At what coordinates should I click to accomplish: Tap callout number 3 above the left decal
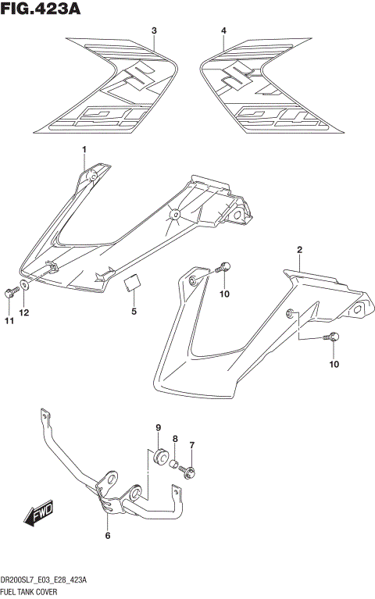click(x=154, y=30)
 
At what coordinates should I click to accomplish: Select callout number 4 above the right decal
click(x=223, y=30)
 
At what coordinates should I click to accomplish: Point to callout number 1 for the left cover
click(x=84, y=149)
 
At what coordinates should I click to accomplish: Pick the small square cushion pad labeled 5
click(x=134, y=283)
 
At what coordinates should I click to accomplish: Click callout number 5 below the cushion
click(x=134, y=312)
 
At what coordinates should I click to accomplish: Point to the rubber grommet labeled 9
click(x=159, y=455)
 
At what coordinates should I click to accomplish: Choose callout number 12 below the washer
click(x=24, y=313)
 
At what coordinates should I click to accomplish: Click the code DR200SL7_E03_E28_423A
click(x=44, y=582)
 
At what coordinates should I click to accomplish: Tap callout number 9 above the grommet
click(x=159, y=427)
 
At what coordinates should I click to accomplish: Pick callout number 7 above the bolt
click(x=191, y=445)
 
